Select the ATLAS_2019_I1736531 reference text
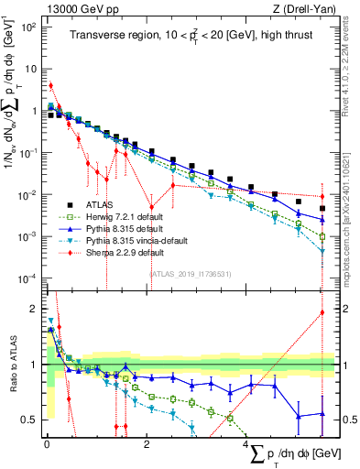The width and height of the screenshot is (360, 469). (x=191, y=273)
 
